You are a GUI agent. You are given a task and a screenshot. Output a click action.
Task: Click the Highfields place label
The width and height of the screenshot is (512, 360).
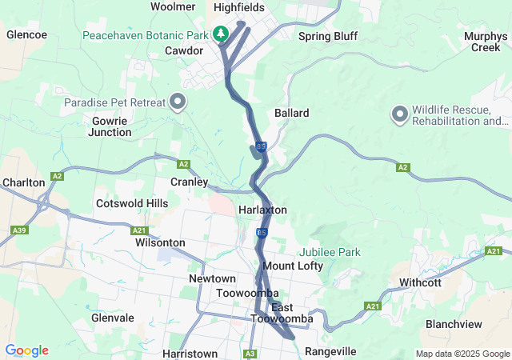(x=239, y=7)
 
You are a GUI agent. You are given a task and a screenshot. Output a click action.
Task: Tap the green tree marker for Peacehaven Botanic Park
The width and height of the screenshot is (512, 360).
(x=222, y=34)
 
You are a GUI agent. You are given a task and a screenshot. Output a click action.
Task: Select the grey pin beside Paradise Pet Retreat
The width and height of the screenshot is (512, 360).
(x=177, y=102)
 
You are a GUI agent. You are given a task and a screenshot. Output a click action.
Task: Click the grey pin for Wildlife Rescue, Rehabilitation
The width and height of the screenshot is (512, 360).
(x=399, y=114)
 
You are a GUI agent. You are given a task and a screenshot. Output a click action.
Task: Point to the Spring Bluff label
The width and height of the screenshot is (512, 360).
(x=327, y=36)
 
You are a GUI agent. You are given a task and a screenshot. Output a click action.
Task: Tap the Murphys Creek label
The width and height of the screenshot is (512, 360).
(x=485, y=42)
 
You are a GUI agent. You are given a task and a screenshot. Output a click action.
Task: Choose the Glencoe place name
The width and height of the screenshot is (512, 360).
(x=26, y=34)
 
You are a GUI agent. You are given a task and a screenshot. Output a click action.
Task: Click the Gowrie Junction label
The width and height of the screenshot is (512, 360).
(x=111, y=126)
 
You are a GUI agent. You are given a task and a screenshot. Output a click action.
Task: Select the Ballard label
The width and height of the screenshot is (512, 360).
(x=291, y=113)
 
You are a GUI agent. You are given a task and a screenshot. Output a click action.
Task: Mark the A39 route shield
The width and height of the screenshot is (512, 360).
(x=22, y=230)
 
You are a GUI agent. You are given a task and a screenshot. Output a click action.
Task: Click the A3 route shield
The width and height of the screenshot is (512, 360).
(x=250, y=353)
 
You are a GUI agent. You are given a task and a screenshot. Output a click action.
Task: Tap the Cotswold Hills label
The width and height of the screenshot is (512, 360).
(x=132, y=203)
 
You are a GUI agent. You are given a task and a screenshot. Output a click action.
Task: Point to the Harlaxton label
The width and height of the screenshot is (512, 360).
(x=262, y=210)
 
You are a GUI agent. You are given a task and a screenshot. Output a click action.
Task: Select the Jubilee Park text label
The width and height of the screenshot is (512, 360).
(x=330, y=252)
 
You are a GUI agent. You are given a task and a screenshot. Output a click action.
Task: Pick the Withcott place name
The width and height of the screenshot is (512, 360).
(x=420, y=282)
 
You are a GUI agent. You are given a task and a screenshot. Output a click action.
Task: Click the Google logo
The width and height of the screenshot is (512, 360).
(x=26, y=350)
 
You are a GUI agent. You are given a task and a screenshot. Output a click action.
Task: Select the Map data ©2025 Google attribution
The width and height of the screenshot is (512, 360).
(x=462, y=354)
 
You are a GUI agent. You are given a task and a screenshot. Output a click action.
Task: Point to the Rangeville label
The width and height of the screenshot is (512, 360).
(x=330, y=351)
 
